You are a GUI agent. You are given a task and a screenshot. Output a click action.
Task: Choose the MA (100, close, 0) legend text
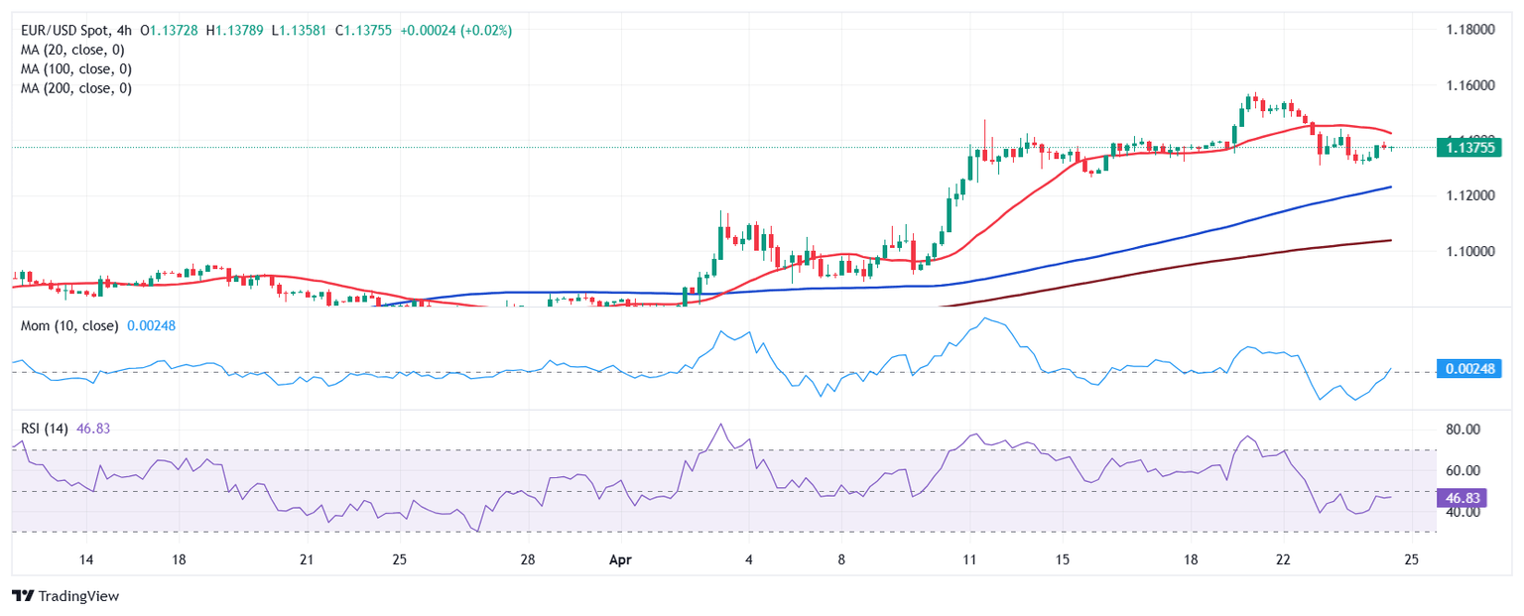pyautogui.click(x=78, y=68)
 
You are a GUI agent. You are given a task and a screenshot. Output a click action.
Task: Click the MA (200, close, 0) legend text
pyautogui.click(x=78, y=87)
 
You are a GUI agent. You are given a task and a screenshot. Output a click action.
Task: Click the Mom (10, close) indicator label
pyautogui.click(x=69, y=325)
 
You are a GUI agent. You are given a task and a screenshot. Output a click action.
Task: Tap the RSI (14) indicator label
pyautogui.click(x=45, y=429)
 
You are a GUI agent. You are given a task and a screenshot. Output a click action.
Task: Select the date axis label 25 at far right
pyautogui.click(x=1411, y=559)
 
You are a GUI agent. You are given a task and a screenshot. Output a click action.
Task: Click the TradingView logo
pyautogui.click(x=65, y=596)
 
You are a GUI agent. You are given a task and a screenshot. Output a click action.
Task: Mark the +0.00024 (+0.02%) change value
pyautogui.click(x=455, y=31)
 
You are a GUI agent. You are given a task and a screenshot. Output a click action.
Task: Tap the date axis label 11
pyautogui.click(x=968, y=559)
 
